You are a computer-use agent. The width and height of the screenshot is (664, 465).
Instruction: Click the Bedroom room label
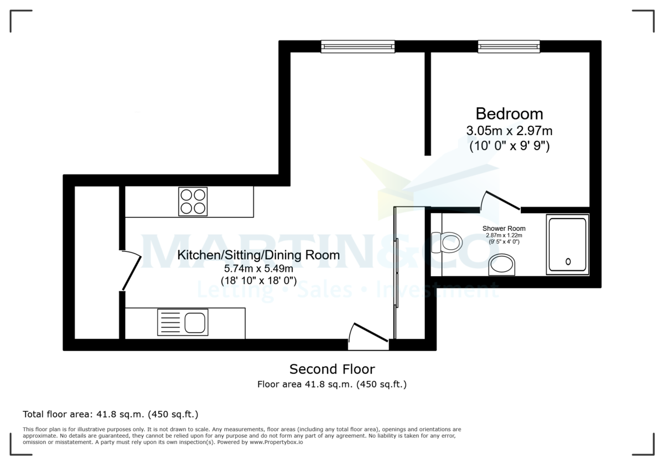tap(509, 113)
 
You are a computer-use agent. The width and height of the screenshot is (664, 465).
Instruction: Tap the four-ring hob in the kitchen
tap(193, 201)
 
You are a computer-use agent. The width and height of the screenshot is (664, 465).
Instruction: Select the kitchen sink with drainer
tap(182, 323)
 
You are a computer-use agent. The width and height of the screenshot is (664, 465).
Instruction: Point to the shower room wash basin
tap(502, 264)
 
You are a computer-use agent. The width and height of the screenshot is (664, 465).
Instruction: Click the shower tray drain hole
tap(568, 261)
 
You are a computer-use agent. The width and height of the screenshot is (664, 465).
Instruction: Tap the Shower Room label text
tap(504, 228)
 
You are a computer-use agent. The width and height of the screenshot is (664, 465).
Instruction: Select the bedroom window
tap(509, 46)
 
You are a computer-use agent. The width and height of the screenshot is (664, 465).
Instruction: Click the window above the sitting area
tap(358, 46)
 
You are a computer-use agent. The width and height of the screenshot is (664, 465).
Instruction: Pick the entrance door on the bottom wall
tap(367, 338)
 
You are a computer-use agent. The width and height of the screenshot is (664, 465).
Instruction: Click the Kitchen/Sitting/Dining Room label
tap(258, 255)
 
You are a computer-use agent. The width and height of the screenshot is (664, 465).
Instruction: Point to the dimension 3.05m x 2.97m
tap(509, 131)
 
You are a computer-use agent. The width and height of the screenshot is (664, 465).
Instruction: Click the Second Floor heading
tap(332, 369)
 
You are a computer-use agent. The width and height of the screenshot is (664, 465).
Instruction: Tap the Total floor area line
tap(110, 414)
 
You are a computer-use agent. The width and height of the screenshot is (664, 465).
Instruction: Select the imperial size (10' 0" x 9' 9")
tap(509, 147)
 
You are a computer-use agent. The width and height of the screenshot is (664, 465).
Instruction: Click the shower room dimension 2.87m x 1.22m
tap(504, 235)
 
